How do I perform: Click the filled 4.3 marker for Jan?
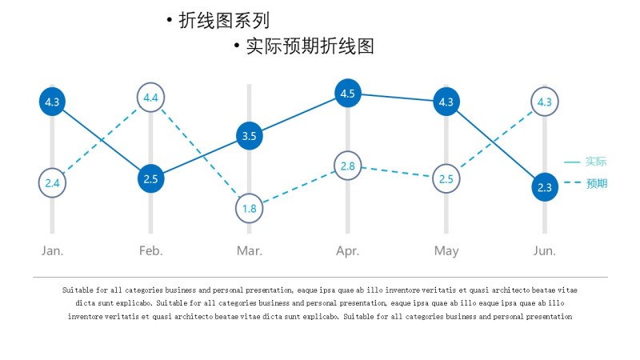tap(53, 102)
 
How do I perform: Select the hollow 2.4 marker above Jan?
tap(53, 183)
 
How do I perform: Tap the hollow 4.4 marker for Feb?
tap(151, 98)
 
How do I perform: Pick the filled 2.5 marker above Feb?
tap(151, 178)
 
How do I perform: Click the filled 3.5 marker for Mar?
tap(249, 136)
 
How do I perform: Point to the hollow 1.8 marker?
tap(249, 209)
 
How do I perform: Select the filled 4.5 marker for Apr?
tap(347, 94)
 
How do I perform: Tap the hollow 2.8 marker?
tap(347, 166)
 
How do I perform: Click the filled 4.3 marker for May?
tap(446, 102)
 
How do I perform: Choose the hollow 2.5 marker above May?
tap(446, 178)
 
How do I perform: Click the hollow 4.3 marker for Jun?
tap(545, 102)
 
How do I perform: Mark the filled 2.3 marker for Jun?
tap(545, 188)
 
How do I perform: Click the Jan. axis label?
tap(53, 251)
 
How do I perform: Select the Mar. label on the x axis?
tap(249, 251)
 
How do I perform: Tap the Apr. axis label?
tap(347, 251)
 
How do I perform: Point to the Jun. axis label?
tap(545, 251)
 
